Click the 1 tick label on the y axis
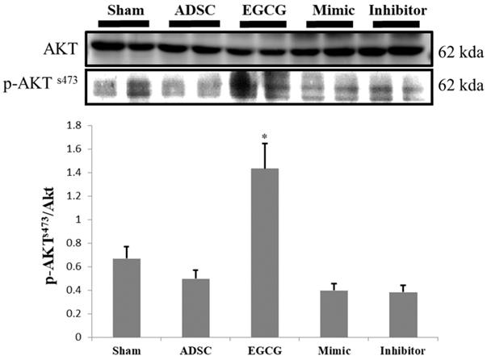coord(78,220)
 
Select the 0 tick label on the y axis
coord(78,337)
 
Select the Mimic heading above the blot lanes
coord(322,9)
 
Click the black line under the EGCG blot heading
coord(258,23)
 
